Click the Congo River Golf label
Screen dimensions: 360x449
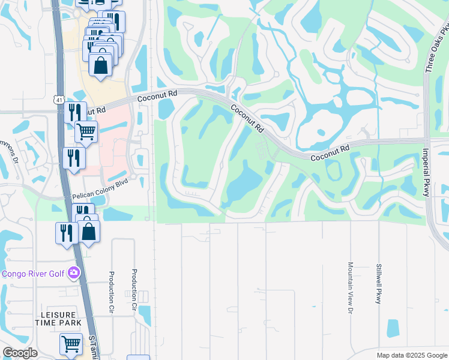pyautogui.click(x=33, y=274)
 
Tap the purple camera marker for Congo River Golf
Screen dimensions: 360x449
pyautogui.click(x=73, y=273)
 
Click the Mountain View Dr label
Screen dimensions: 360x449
pyautogui.click(x=350, y=287)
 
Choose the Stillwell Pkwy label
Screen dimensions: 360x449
pyautogui.click(x=378, y=283)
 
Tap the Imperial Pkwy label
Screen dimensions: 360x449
pyautogui.click(x=427, y=172)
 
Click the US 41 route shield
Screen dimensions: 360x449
pyautogui.click(x=58, y=98)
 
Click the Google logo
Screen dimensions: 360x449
pyautogui.click(x=20, y=353)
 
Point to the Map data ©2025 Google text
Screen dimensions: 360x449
pyautogui.click(x=412, y=355)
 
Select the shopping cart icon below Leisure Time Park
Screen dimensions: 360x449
pyautogui.click(x=71, y=344)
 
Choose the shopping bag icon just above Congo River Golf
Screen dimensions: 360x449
pyautogui.click(x=88, y=230)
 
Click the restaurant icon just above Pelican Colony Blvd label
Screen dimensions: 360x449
pyautogui.click(x=74, y=158)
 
